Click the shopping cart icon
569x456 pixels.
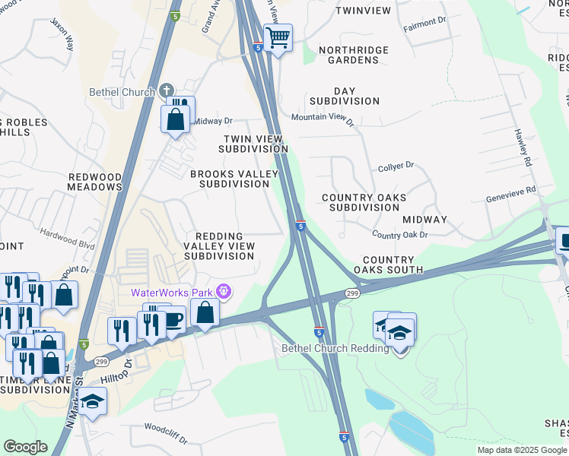pos(278,36)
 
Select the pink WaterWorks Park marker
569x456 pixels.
pos(223,291)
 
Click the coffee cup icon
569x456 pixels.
pos(173,320)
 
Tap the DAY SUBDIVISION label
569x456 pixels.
pos(344,95)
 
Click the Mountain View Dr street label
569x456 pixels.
pos(323,118)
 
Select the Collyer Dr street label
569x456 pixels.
pos(396,164)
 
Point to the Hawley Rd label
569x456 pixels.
pos(526,148)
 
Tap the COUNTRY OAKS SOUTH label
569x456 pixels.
pos(388,264)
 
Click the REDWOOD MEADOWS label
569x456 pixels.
pos(95,182)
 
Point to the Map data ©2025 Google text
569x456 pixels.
pos(521,450)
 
